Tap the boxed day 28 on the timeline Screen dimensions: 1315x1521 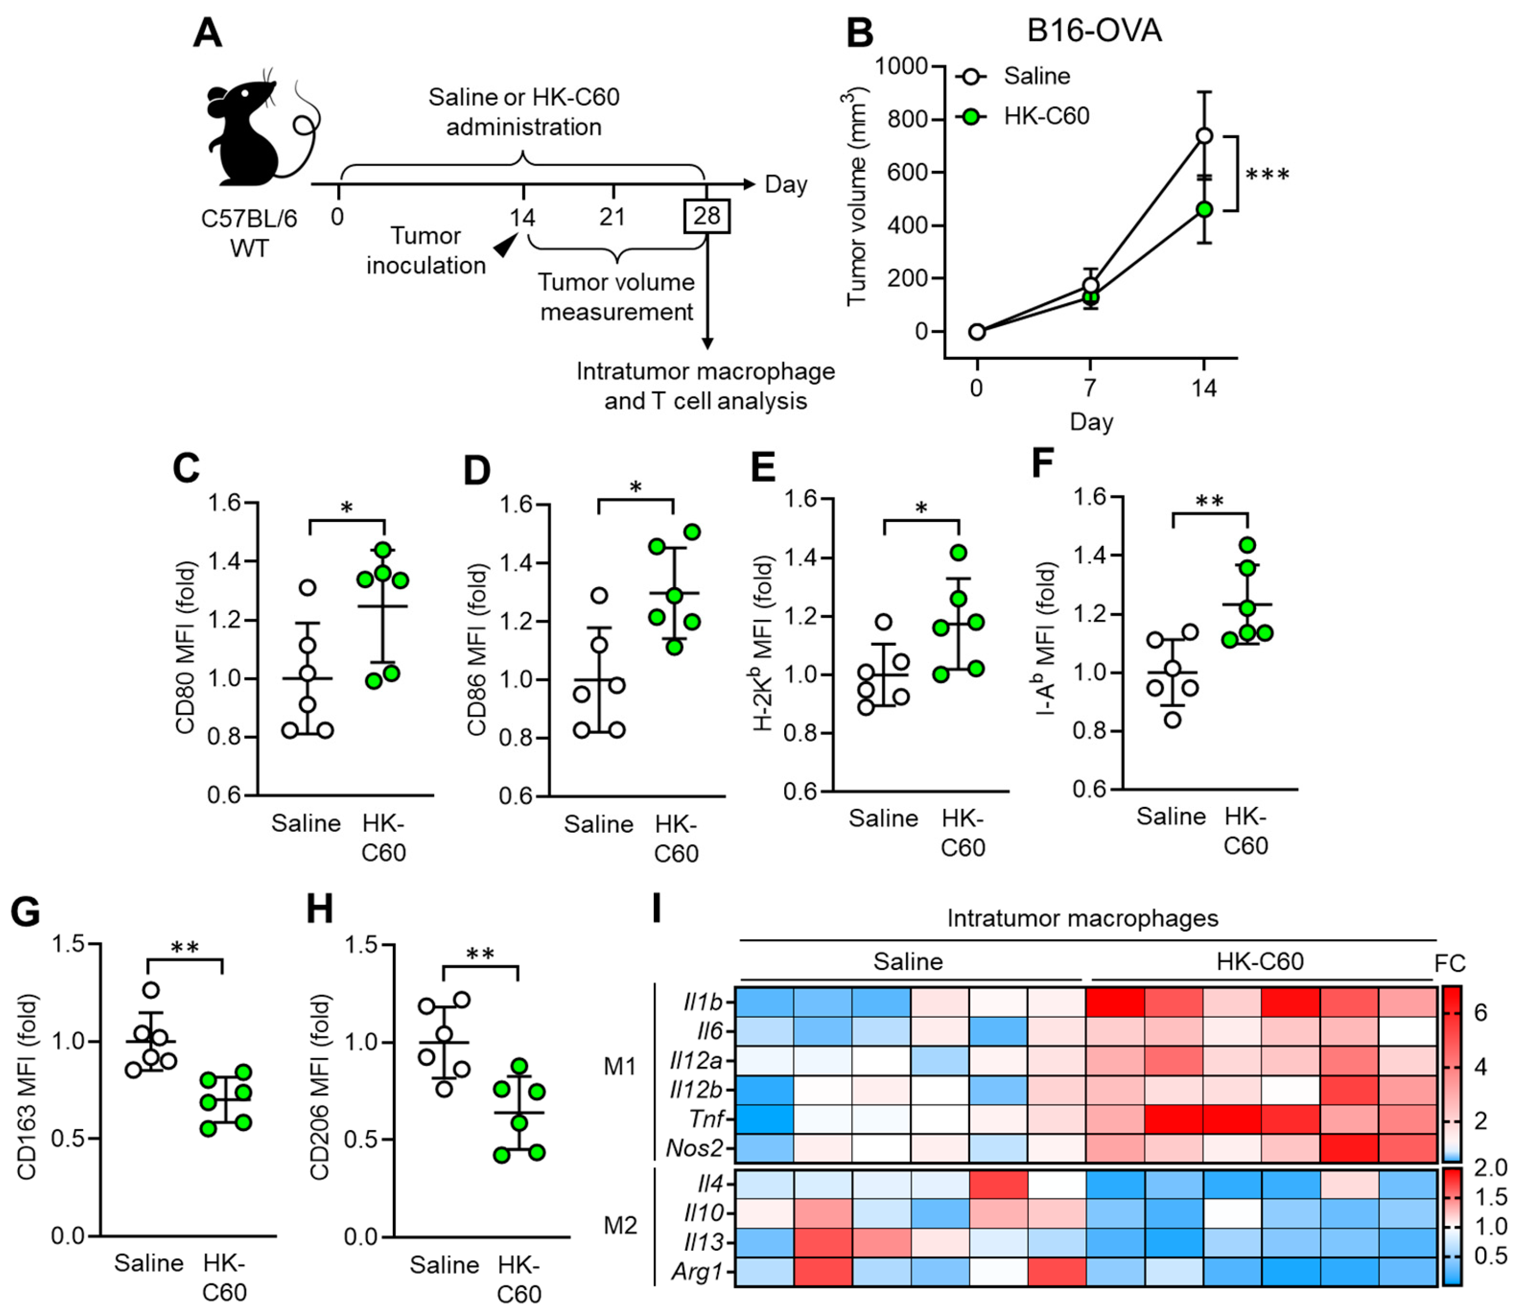[x=706, y=216]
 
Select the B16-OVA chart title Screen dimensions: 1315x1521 [x=1094, y=31]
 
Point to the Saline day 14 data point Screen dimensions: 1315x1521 [x=1204, y=136]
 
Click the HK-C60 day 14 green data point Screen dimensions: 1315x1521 [x=1204, y=209]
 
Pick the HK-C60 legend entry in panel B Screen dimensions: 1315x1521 [x=1046, y=116]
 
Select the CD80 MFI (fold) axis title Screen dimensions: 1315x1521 [x=185, y=648]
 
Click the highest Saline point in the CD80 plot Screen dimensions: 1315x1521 [x=308, y=587]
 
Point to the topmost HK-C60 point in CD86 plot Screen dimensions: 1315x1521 [x=691, y=532]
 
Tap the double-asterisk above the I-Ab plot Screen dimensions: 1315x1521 [x=1210, y=502]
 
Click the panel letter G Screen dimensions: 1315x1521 [x=25, y=912]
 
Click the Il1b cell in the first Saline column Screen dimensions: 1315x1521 [x=764, y=1002]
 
